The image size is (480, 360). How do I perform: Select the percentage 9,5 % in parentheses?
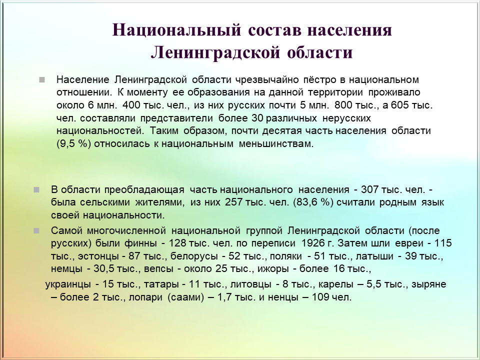tap(74, 143)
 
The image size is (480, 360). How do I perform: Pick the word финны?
tap(141, 243)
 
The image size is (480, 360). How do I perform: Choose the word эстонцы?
tap(98, 256)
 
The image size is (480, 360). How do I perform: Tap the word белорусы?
tap(194, 256)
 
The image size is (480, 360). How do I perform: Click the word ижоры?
tap(273, 269)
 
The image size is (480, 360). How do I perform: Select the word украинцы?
tap(68, 284)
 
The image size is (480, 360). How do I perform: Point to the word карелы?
tap(336, 284)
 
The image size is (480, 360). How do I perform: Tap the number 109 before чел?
tap(320, 297)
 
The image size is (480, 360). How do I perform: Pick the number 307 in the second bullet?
tap(369, 189)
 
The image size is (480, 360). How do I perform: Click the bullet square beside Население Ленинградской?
tap(42, 80)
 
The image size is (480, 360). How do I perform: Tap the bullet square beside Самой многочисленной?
tap(36, 230)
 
